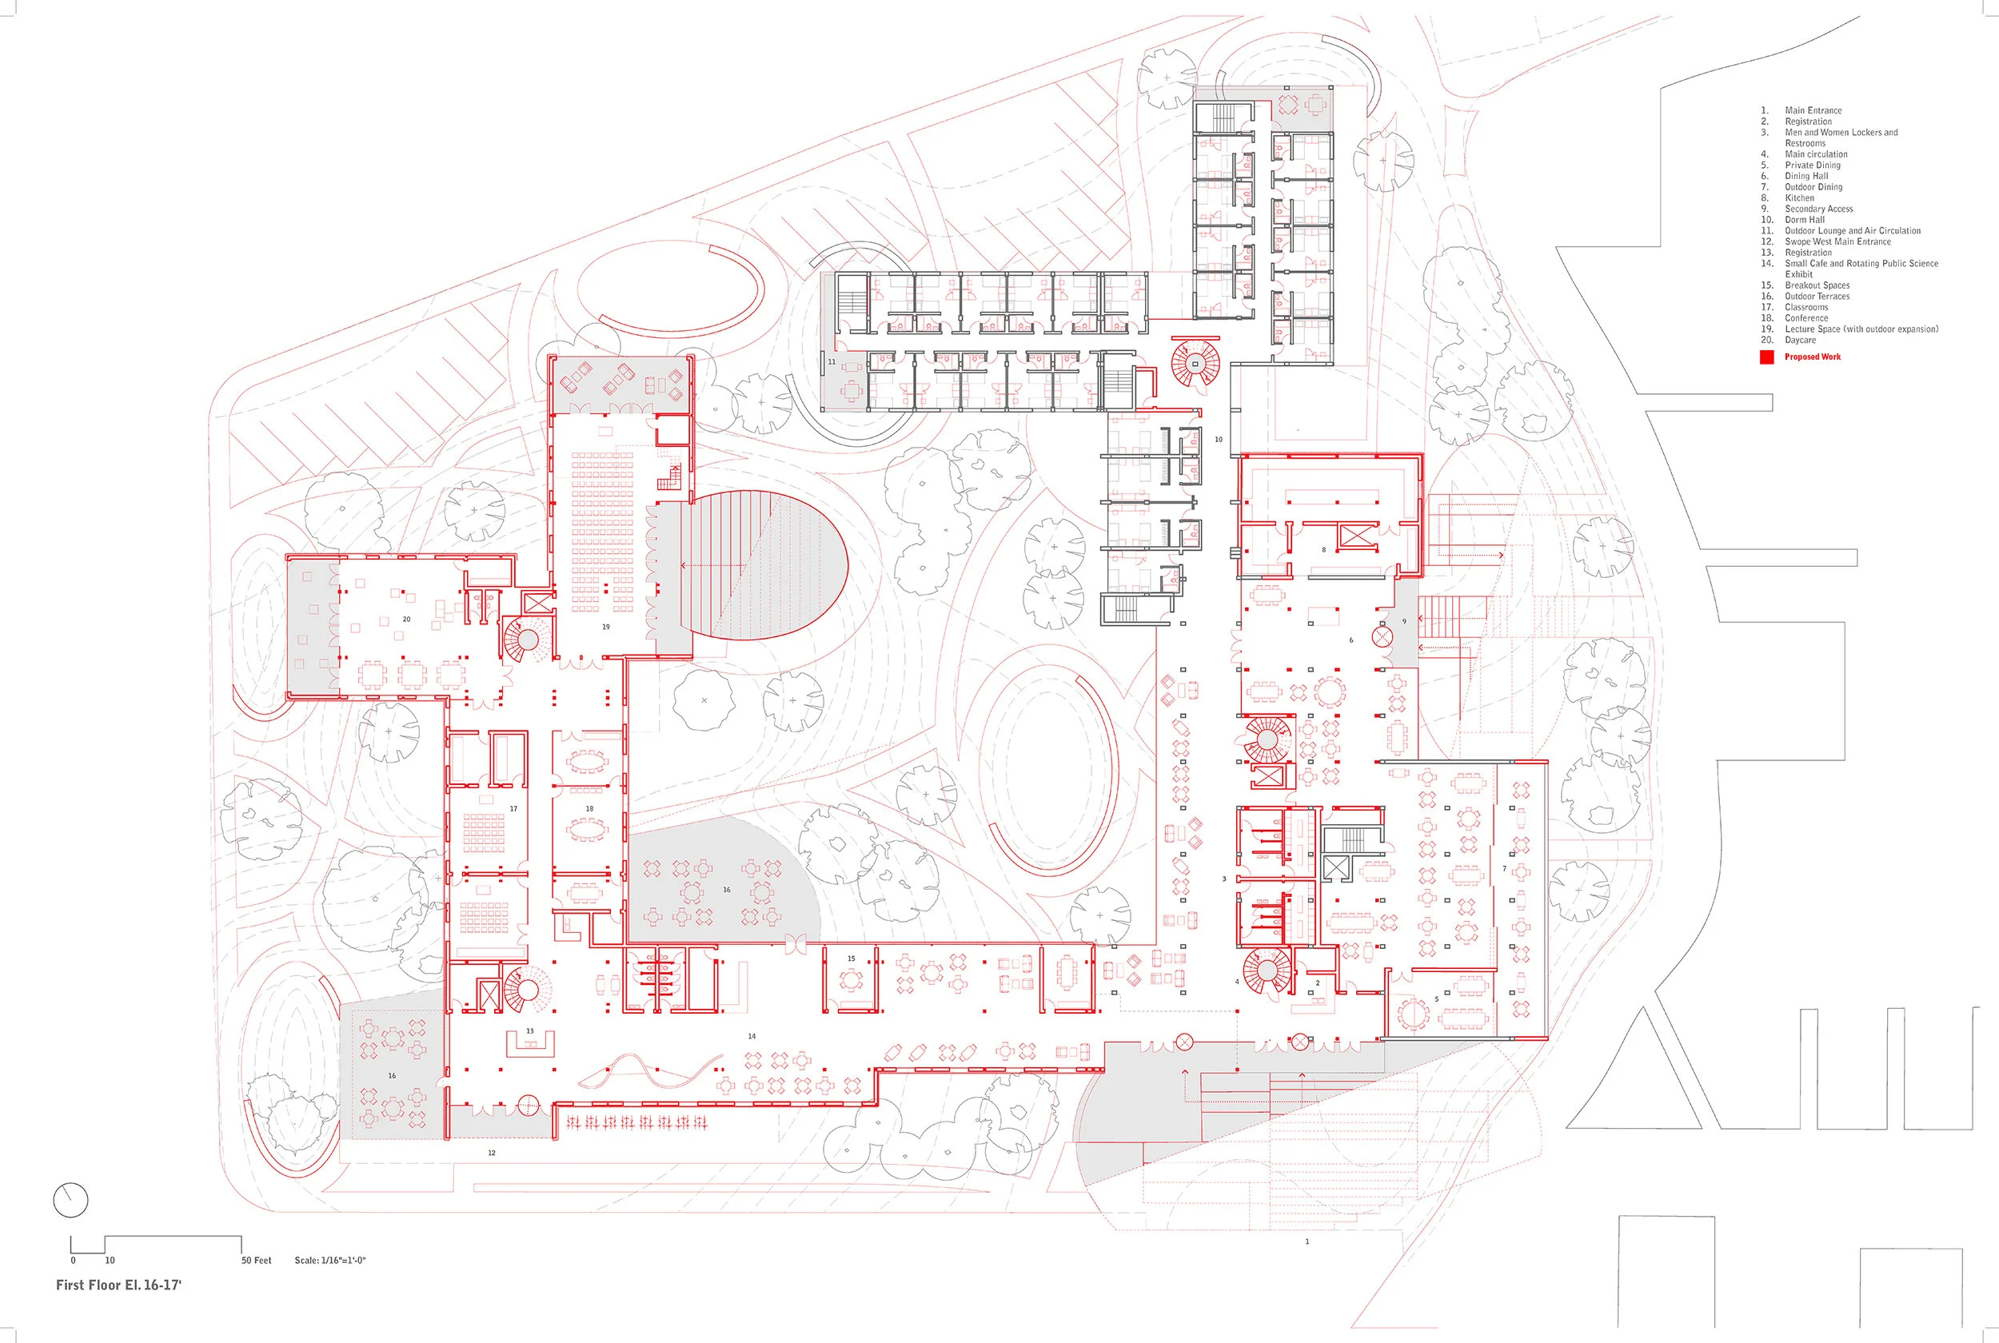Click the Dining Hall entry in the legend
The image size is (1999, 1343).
tap(1805, 177)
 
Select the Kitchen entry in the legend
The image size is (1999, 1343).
tap(1798, 198)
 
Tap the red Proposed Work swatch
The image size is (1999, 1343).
tap(1766, 357)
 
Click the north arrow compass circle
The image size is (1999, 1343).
tap(70, 1200)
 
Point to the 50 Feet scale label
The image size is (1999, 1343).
tap(256, 1260)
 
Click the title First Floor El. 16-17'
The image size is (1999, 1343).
tap(118, 1285)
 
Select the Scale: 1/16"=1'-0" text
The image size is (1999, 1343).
tap(329, 1260)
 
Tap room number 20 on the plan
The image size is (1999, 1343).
tap(407, 620)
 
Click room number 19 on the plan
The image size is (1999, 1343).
tap(605, 627)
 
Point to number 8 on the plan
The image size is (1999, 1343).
tap(1323, 550)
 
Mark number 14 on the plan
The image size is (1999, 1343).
tap(752, 1036)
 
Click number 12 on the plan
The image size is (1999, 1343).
tap(492, 1153)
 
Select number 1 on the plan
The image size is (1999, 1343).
tap(1307, 1241)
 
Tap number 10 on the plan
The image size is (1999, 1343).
tap(1219, 440)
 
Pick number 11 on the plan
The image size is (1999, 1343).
tap(831, 362)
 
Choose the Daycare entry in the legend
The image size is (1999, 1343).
tap(1799, 340)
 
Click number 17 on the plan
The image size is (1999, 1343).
tap(513, 808)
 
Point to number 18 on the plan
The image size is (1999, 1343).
tap(589, 808)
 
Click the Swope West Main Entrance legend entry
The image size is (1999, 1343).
tap(1837, 241)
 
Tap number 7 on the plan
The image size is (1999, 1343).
tap(1504, 868)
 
